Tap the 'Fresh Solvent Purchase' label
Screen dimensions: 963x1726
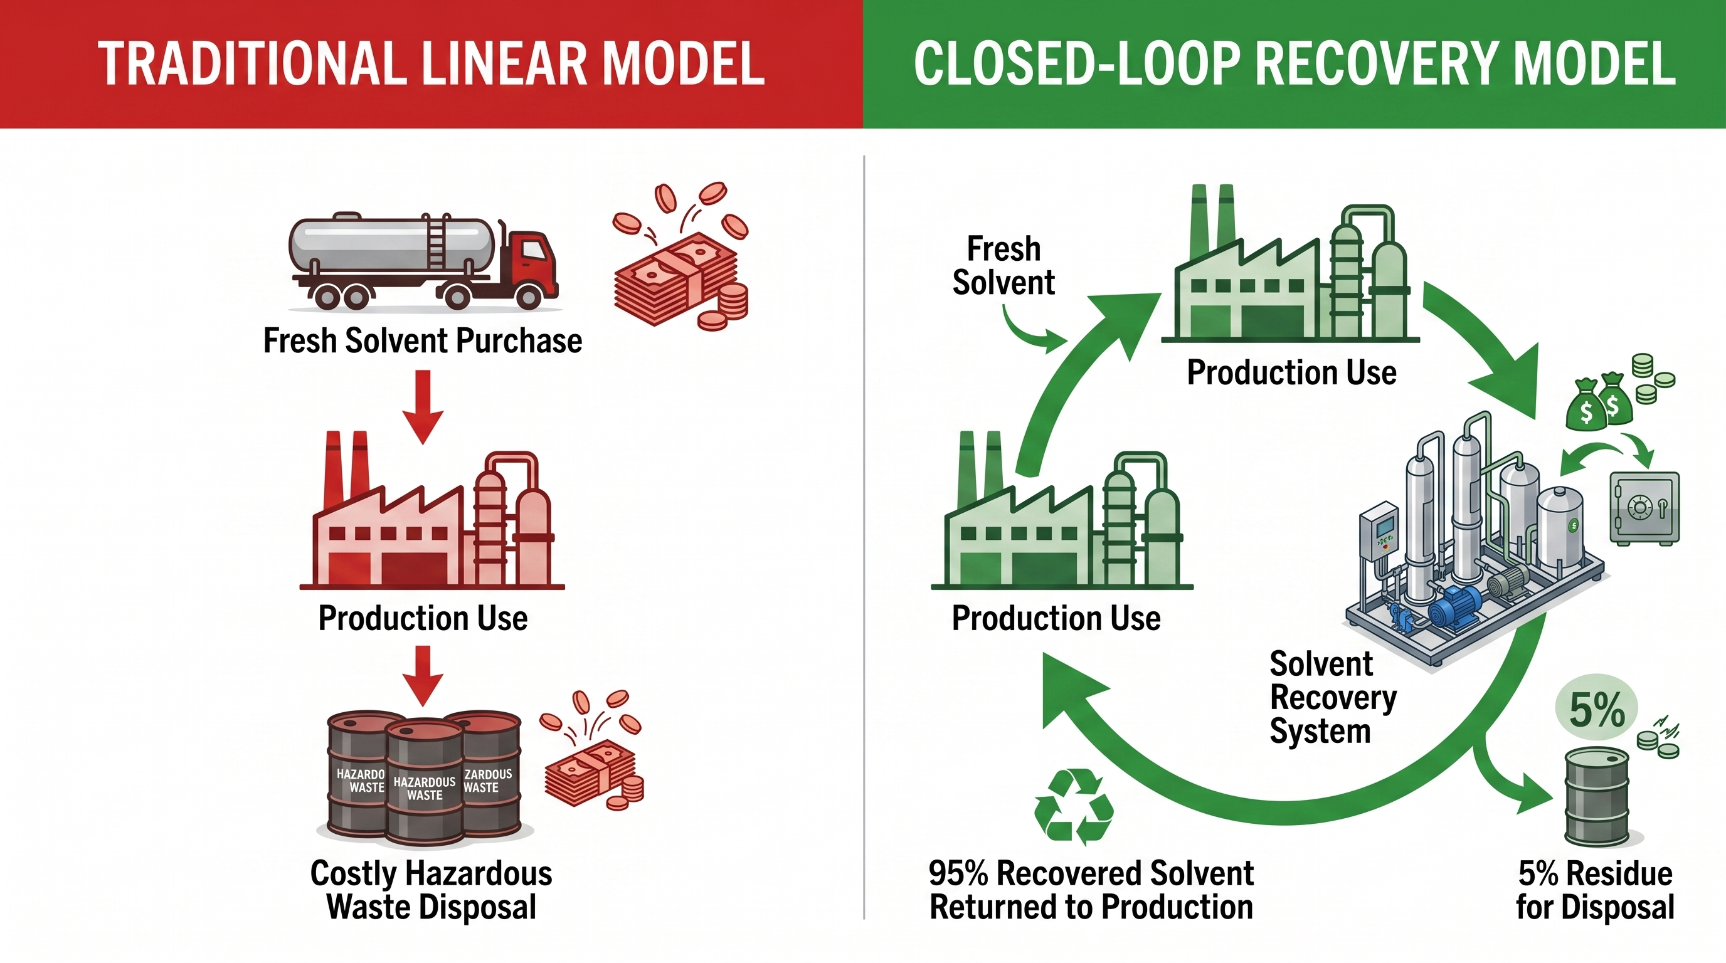pos(422,341)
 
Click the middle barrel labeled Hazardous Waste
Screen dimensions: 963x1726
pos(425,784)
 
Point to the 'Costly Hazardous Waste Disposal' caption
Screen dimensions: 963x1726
pos(431,890)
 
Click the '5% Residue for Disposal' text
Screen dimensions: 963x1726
pos(1595,890)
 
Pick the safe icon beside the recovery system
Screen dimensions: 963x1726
pos(1644,508)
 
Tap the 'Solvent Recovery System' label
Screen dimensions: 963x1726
pos(1332,697)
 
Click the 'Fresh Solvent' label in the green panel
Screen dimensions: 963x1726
pos(1003,265)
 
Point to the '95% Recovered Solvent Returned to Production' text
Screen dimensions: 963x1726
pos(1091,890)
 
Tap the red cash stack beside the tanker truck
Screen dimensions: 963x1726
pos(677,282)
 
